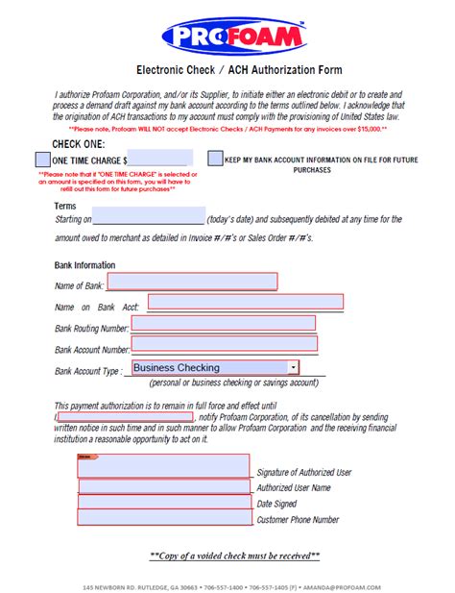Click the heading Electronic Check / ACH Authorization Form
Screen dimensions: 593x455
click(227, 70)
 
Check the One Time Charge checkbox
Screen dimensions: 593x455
click(42, 159)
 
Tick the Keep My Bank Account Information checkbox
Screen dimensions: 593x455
click(215, 159)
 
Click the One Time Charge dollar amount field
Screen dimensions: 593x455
click(160, 159)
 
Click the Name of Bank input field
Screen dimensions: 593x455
click(192, 282)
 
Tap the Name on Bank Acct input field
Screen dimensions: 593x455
click(246, 303)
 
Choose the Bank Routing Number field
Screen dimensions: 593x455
click(223, 324)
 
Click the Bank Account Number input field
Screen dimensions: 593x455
click(223, 344)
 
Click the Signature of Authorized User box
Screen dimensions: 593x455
click(164, 465)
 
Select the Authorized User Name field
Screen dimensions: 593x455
click(164, 486)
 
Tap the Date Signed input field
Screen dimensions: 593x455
click(164, 503)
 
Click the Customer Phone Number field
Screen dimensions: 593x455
click(164, 519)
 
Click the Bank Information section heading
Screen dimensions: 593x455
click(85, 265)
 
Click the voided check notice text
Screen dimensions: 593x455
click(235, 556)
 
